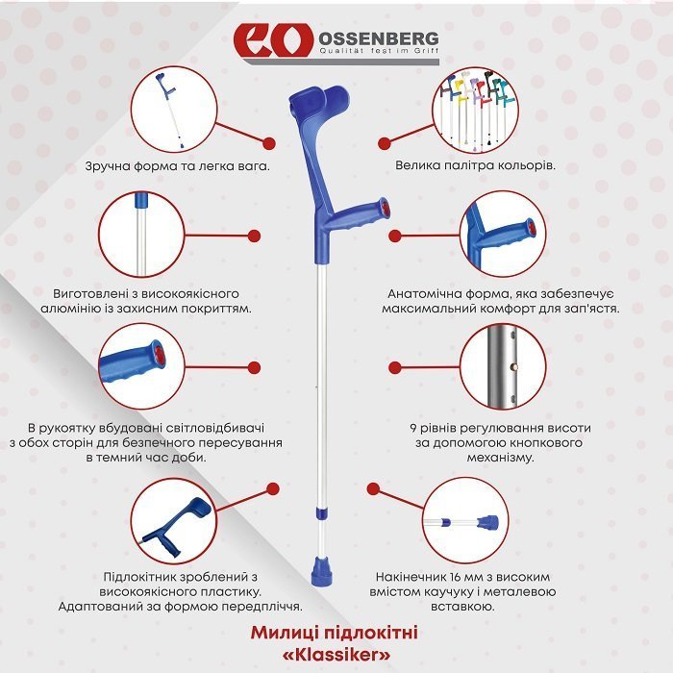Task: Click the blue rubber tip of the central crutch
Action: [320, 569]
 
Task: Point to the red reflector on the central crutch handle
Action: [385, 207]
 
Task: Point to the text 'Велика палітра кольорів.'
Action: [475, 165]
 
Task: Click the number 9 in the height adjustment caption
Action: [412, 427]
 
